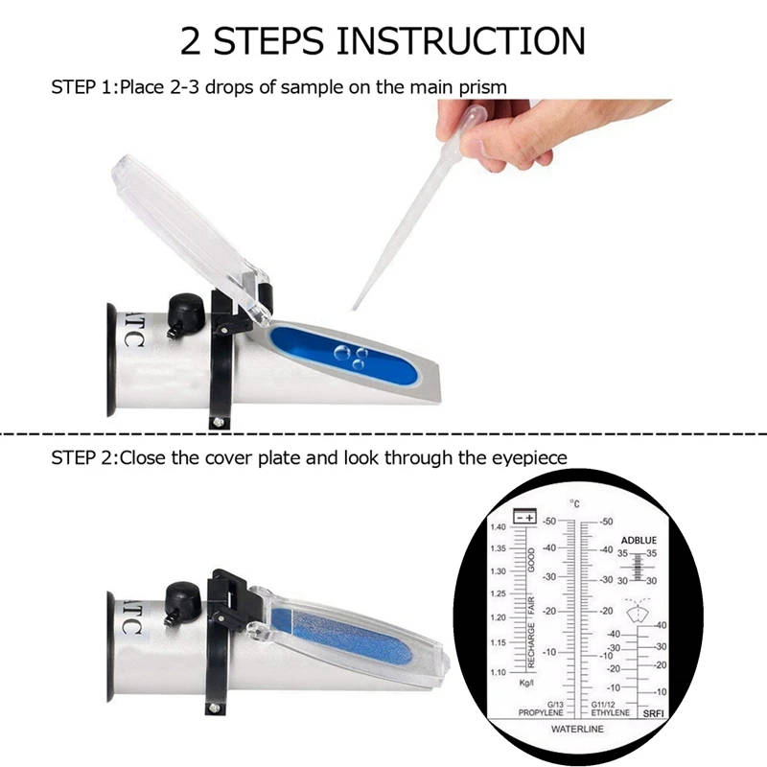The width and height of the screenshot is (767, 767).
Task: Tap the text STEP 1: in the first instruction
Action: (84, 87)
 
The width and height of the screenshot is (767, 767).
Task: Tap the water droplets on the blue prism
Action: (349, 357)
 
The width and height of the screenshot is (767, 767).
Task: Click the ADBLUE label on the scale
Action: (638, 541)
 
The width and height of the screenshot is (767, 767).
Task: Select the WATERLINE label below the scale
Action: (576, 729)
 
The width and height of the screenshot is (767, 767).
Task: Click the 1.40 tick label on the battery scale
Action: (498, 528)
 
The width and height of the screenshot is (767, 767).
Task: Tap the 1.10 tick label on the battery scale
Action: (498, 672)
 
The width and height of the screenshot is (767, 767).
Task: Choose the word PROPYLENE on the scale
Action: (540, 714)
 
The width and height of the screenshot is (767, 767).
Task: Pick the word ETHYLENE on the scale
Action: (611, 714)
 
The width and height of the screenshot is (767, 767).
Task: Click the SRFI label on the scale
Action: (654, 714)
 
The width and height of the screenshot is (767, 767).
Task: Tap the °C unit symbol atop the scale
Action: (575, 503)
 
